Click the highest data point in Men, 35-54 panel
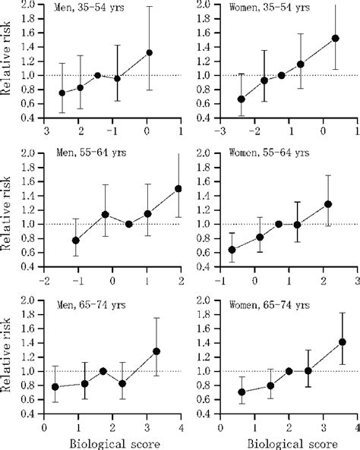[x=150, y=52]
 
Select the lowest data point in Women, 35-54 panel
[x=220, y=99]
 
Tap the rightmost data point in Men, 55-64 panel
[x=178, y=188]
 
